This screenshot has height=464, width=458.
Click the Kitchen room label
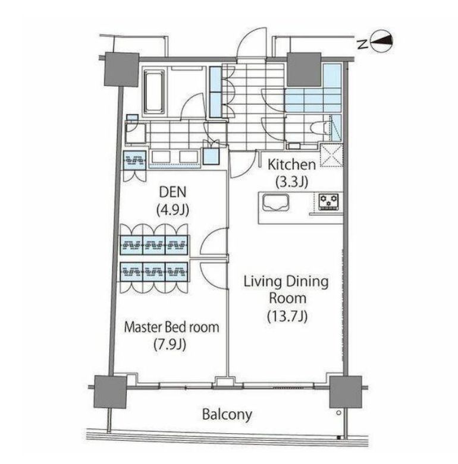coord(291,165)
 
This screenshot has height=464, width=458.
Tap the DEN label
coord(173,192)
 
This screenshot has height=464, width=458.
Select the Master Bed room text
coord(172,327)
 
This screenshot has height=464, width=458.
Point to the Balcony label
coord(227,414)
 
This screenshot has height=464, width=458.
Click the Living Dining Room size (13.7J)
coord(287,316)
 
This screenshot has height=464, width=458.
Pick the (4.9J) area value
coord(172,210)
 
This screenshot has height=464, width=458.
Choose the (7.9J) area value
coord(170,345)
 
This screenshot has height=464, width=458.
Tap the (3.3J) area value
coord(292,182)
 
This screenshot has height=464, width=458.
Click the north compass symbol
coord(382,42)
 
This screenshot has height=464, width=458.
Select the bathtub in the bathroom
coord(154,92)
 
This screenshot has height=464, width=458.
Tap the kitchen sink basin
coord(276,203)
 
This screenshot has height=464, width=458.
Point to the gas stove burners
coord(328,202)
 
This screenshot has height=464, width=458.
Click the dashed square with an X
coord(332,155)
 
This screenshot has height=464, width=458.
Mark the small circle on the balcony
coord(339,413)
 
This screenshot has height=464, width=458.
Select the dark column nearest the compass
coord(305,70)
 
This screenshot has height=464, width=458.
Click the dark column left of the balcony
coord(110,392)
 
